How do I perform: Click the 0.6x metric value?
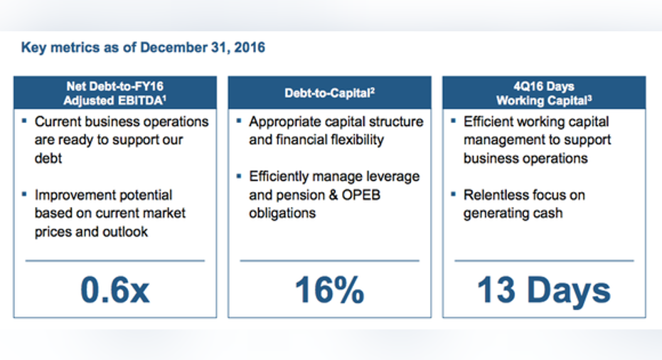point(115,290)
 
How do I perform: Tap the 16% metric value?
point(329,290)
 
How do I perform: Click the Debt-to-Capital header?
point(330,93)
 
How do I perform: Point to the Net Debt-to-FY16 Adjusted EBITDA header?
point(115,93)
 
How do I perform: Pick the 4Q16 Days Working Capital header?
point(544,93)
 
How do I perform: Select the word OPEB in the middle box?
point(361,195)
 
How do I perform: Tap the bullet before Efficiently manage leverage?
point(239,175)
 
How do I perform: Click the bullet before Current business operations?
point(24,121)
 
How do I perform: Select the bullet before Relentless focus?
point(454,194)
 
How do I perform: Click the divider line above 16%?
point(330,260)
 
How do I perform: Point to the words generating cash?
point(513,213)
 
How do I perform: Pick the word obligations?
point(282,213)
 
